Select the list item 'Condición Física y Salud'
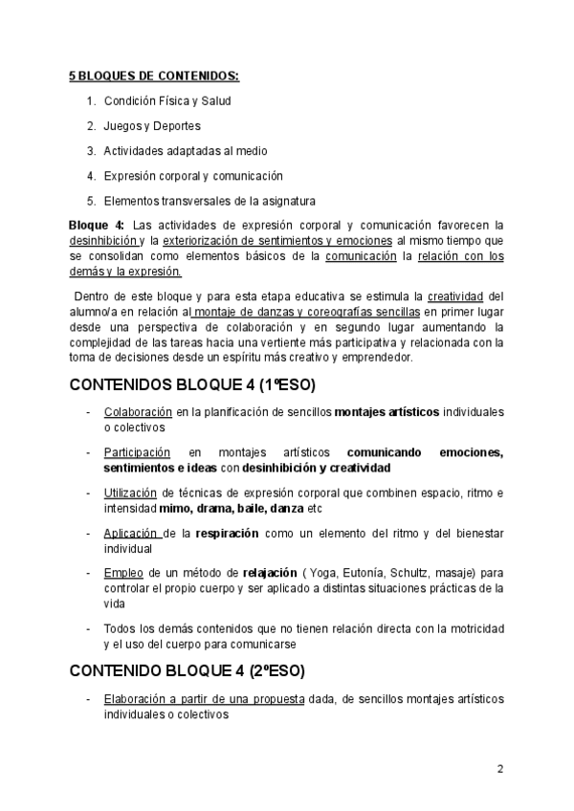(x=167, y=100)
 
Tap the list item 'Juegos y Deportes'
(x=152, y=125)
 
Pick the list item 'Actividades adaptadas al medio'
(x=186, y=150)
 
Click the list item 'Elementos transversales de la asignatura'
(x=210, y=200)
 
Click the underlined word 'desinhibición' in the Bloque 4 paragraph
(x=103, y=241)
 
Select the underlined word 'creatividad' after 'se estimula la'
(x=456, y=296)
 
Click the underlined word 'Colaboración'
(x=136, y=412)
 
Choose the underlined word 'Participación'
(x=137, y=452)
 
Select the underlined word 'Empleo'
(x=123, y=573)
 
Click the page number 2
(x=500, y=768)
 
